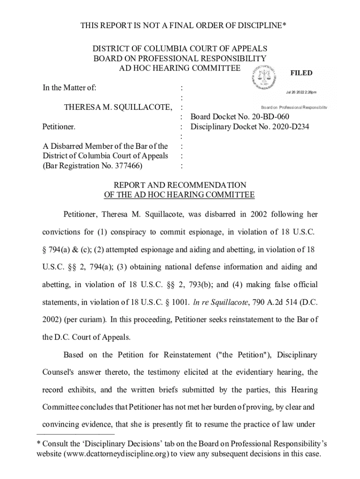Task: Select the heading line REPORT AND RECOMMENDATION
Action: [x=180, y=185]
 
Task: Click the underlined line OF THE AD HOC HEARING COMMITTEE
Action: [x=180, y=195]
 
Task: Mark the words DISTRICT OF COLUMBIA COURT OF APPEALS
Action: [x=180, y=49]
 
